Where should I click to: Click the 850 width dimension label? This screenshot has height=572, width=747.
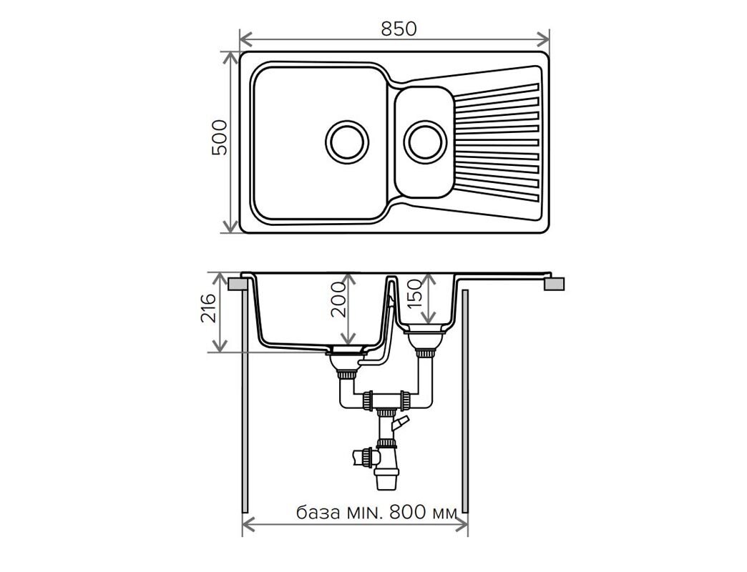pos(399,29)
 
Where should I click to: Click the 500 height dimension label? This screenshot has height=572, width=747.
pos(220,137)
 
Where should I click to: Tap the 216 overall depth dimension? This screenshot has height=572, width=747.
pos(208,308)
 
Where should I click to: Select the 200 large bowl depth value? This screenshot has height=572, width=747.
pos(338,300)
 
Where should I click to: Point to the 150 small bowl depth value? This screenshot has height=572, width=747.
pos(414,293)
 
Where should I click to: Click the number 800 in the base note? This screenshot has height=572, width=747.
pos(407,513)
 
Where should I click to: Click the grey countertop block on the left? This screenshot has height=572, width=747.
pos(238,285)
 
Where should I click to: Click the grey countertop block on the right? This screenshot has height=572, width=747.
pos(554,284)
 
